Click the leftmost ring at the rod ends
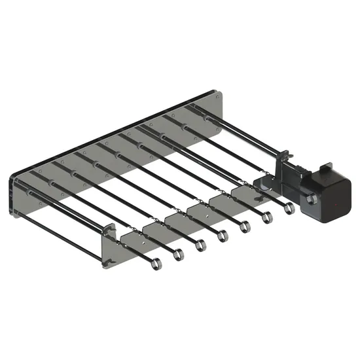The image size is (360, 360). point(155,263)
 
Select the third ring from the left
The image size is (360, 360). point(200,245)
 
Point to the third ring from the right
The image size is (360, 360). point(245,226)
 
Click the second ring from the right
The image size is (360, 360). point(268,217)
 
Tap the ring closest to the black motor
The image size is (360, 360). point(289,208)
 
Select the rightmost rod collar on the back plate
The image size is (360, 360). point(207,118)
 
